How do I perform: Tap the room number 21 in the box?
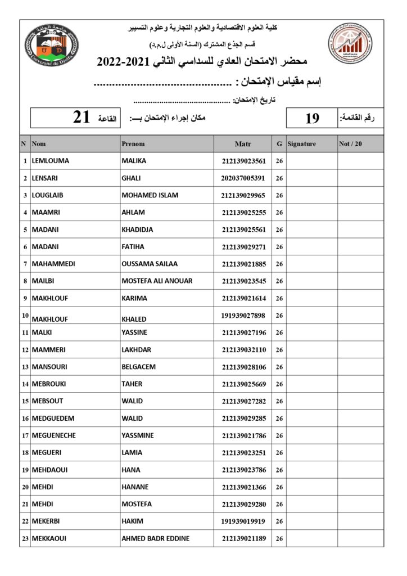[82, 118]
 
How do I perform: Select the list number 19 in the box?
[312, 118]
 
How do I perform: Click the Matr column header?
[243, 144]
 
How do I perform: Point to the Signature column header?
[302, 144]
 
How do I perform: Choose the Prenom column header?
[133, 144]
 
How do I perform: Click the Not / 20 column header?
[351, 144]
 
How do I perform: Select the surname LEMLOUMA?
[51, 161]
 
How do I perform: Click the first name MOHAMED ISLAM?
[150, 195]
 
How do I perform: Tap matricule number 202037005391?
[243, 178]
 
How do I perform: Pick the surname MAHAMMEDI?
[54, 264]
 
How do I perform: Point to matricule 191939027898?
[243, 315]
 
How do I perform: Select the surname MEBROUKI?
[48, 384]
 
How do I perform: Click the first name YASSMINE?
[138, 435]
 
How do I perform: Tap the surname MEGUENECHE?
[54, 435]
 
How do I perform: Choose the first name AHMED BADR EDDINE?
[156, 538]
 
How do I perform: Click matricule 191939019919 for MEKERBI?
[243, 521]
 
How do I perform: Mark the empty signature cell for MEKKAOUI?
[311, 538]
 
